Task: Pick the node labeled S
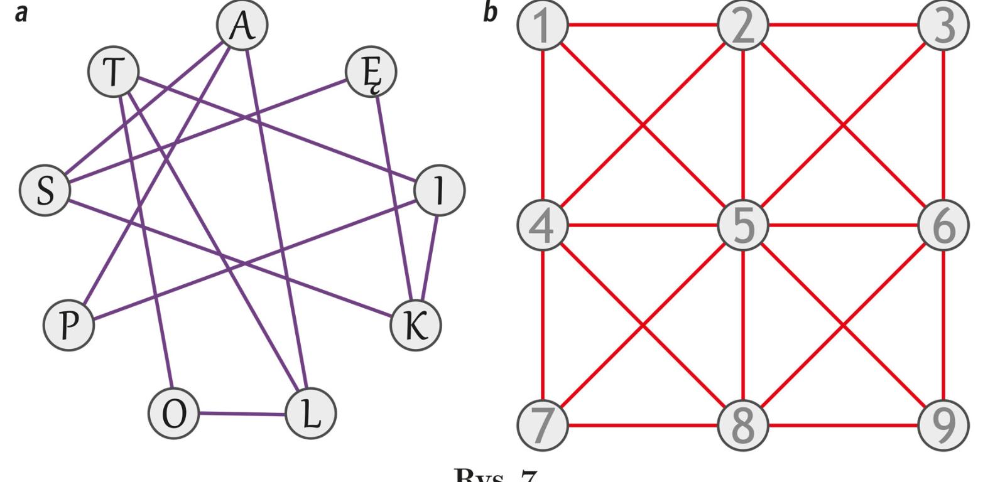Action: click(45, 190)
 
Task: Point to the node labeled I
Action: click(440, 190)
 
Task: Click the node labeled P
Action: click(68, 325)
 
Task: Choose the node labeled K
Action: click(415, 325)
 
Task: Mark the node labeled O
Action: click(174, 414)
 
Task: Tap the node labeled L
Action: click(310, 414)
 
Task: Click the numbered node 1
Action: click(543, 26)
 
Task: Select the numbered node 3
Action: click(943, 26)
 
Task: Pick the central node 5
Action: click(743, 225)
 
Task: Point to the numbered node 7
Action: click(543, 425)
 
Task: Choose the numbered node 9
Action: click(943, 425)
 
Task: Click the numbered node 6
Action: click(943, 225)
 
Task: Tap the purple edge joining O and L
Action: click(242, 414)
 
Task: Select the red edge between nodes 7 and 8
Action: click(643, 426)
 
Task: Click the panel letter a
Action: click(21, 13)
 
